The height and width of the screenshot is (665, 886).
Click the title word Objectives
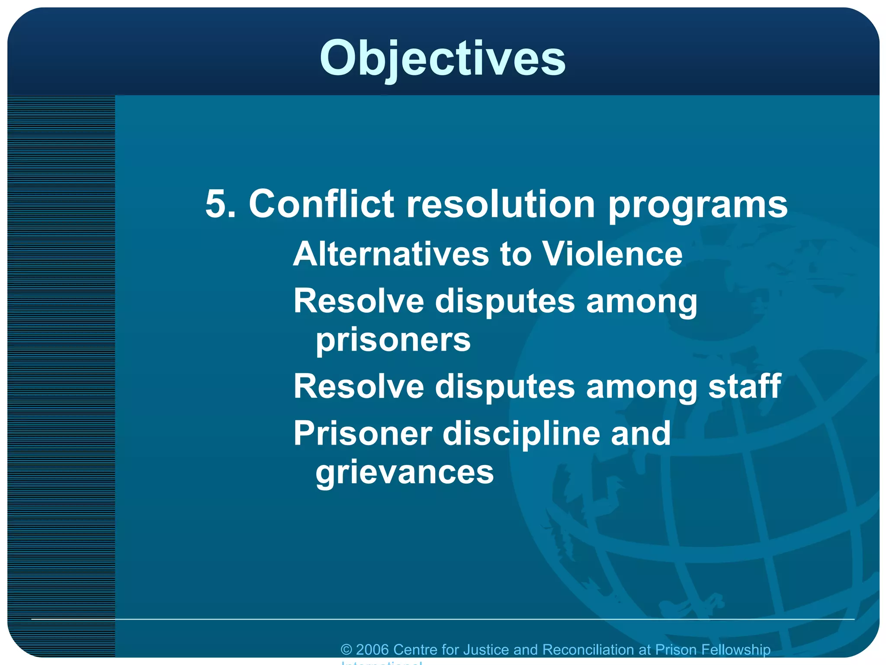[442, 58]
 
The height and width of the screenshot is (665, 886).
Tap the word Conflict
[321, 203]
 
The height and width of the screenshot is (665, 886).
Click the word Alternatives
[391, 254]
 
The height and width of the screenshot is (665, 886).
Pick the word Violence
[612, 254]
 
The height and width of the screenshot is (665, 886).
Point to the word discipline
[521, 434]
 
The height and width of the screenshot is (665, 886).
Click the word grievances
[404, 472]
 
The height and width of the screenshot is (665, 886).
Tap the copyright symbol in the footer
[346, 650]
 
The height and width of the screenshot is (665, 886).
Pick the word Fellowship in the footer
[735, 650]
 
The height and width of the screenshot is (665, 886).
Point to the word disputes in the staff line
[505, 387]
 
